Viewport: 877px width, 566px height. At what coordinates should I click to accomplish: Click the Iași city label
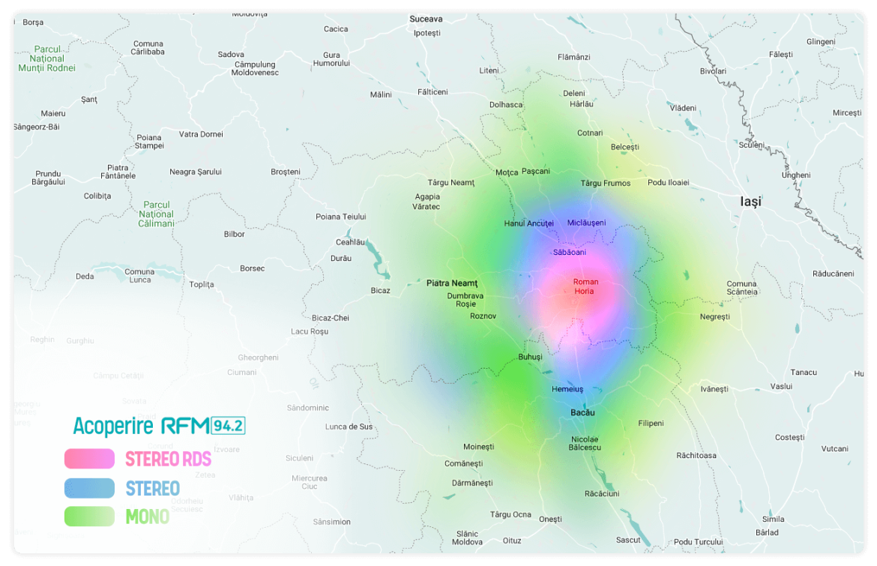point(750,202)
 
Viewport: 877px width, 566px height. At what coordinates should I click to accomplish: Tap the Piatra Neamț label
point(452,283)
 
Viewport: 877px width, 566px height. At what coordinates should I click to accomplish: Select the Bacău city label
point(582,413)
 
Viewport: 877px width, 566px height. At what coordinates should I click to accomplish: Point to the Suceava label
point(426,19)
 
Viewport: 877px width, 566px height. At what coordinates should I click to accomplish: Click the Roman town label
point(585,282)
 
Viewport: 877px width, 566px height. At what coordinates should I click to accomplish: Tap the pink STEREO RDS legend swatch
point(89,458)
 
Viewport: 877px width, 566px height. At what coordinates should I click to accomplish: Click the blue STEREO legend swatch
point(89,488)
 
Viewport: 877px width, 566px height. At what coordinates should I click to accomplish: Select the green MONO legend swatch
point(89,517)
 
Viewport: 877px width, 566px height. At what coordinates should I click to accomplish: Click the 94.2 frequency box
point(229,427)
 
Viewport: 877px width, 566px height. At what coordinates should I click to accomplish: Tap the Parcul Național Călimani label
point(157,214)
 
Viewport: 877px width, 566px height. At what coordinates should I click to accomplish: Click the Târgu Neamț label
point(451,183)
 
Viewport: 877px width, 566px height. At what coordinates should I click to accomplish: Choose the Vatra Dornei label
point(201,134)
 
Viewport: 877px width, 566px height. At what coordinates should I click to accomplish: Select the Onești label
point(550,520)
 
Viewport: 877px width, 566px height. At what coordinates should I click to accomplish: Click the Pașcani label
point(536,172)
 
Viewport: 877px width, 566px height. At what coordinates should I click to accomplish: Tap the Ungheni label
point(796,175)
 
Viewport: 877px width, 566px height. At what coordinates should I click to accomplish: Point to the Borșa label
point(33,22)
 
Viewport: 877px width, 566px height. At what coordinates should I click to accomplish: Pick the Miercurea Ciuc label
point(310,482)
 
